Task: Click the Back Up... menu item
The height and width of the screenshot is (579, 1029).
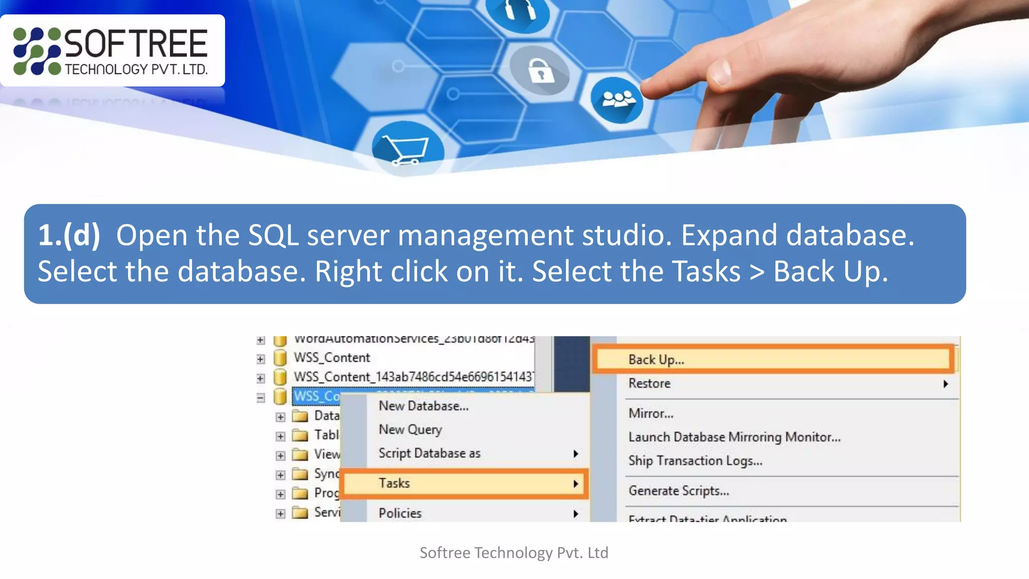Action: coord(656,360)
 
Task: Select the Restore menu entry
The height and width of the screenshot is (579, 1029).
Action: coord(649,383)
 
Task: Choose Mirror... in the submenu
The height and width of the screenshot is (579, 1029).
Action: coord(651,414)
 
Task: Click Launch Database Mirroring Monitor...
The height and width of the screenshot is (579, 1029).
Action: coord(734,437)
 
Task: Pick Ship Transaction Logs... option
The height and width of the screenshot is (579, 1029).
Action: coord(695,461)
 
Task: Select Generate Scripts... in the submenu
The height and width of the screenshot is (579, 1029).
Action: coord(678,491)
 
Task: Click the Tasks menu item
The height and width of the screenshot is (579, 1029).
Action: coord(394,484)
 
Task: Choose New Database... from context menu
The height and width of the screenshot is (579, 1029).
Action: coord(424,406)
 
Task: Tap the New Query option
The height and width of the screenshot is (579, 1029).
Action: coord(410,430)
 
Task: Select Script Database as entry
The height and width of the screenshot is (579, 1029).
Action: coord(430,453)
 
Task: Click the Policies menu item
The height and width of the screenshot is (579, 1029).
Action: coord(400,513)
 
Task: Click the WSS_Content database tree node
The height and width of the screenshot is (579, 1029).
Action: coord(332,358)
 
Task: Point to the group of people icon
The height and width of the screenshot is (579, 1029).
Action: coord(617,100)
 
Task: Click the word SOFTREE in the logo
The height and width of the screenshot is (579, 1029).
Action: coord(136,44)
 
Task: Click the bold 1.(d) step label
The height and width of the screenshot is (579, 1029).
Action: coord(69,235)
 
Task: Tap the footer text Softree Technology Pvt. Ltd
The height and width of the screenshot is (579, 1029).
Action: coord(514,553)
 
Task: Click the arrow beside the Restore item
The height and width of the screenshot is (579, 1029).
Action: coord(946,384)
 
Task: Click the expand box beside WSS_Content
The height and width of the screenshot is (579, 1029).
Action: coord(260,359)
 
